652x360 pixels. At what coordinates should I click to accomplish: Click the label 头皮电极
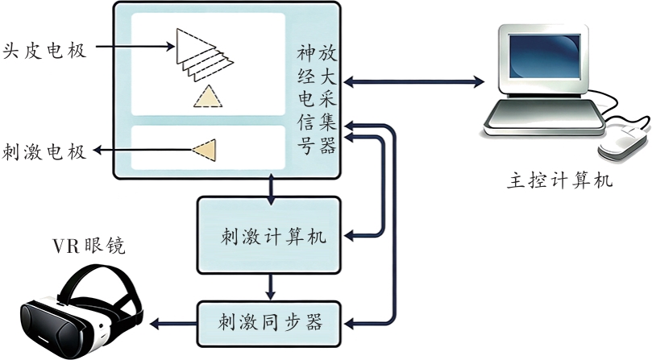[x=44, y=51]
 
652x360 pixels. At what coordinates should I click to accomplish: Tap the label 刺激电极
[x=44, y=151]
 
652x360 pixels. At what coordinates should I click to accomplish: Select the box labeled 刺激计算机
[x=268, y=235]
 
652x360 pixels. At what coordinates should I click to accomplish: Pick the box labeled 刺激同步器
[x=268, y=324]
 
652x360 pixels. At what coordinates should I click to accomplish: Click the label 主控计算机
[x=559, y=182]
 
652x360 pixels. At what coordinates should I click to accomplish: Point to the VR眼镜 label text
[x=89, y=246]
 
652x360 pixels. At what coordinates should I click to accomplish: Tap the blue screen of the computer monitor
[x=544, y=56]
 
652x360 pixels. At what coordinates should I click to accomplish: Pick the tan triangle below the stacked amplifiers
[x=207, y=97]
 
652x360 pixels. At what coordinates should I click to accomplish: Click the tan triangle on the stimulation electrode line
[x=205, y=150]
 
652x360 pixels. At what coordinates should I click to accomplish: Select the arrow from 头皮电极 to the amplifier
[x=135, y=46]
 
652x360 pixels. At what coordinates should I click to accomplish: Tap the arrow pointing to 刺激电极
[x=142, y=150]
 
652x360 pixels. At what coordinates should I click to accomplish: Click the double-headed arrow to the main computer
[x=413, y=81]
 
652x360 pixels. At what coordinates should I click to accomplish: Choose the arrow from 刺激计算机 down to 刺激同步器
[x=271, y=288]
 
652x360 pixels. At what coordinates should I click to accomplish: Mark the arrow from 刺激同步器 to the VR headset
[x=173, y=324]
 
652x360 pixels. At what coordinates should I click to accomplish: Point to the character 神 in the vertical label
[x=306, y=54]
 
